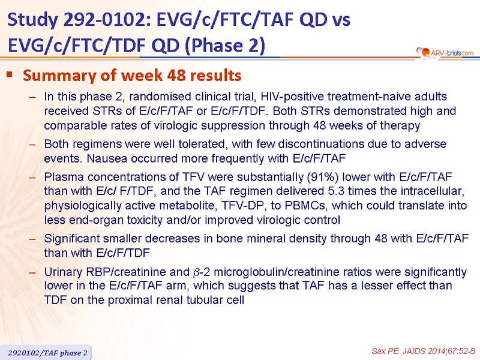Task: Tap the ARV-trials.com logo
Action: coord(445,52)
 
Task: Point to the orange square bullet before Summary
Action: coord(10,74)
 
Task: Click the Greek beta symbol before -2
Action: coord(196,272)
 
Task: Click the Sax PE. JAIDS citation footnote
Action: coord(424,351)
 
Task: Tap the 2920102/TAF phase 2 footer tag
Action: coord(47,353)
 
